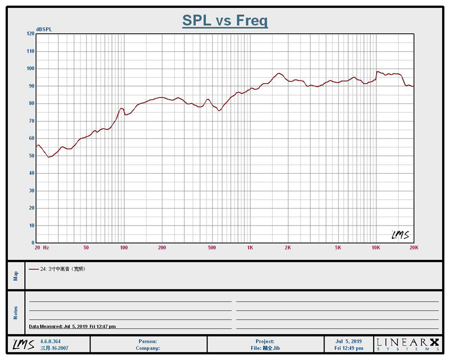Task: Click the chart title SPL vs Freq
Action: (224, 21)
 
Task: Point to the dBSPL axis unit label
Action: (44, 29)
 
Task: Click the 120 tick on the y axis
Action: (30, 34)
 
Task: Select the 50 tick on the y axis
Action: (31, 156)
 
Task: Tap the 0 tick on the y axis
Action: (33, 243)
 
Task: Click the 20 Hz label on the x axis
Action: (42, 247)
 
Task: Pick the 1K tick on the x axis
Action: (250, 247)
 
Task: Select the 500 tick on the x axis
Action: (211, 247)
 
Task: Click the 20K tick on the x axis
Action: (413, 247)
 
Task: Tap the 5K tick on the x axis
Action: (338, 247)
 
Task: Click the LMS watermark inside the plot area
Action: (400, 234)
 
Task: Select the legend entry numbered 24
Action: (60, 269)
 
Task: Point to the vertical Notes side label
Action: (16, 312)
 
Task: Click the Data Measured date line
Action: (73, 326)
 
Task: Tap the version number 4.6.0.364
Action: (51, 341)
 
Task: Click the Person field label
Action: (147, 341)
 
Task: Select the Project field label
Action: (265, 341)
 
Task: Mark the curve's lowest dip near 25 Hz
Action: (49, 157)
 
